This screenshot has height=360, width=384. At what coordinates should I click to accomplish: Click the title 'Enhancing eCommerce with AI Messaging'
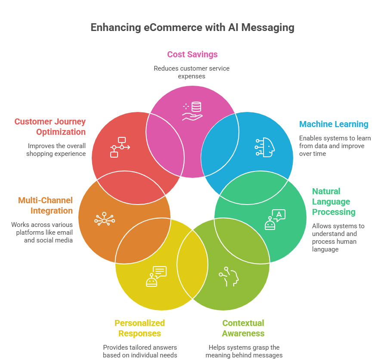click(x=192, y=28)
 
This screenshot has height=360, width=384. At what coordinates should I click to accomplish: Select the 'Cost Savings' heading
click(x=192, y=55)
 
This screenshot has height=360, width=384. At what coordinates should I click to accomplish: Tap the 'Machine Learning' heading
click(x=334, y=124)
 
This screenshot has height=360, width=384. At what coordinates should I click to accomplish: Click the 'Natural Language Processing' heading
click(x=334, y=202)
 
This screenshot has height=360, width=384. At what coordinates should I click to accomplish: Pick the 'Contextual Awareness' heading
click(x=243, y=328)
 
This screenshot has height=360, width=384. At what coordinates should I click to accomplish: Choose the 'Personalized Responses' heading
click(x=140, y=328)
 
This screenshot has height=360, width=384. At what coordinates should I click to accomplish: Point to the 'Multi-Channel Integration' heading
click(x=45, y=205)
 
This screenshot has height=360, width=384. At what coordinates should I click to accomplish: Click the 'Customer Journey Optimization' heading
click(x=50, y=127)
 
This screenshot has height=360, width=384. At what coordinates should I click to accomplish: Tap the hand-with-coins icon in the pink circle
click(x=192, y=111)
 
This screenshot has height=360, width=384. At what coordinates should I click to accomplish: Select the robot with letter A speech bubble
click(x=275, y=220)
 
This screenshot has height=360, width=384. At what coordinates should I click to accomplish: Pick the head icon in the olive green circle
click(x=229, y=277)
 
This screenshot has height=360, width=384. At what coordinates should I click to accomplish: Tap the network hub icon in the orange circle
click(x=104, y=220)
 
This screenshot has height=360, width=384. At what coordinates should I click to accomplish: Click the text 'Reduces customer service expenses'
click(x=192, y=72)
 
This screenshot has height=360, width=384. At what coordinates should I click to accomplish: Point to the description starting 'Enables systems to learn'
click(x=334, y=146)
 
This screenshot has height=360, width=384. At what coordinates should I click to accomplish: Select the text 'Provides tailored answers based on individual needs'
click(x=140, y=351)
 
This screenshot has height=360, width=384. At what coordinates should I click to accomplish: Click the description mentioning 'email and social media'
click(x=42, y=233)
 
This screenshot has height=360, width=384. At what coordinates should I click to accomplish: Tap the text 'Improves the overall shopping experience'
click(x=56, y=150)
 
